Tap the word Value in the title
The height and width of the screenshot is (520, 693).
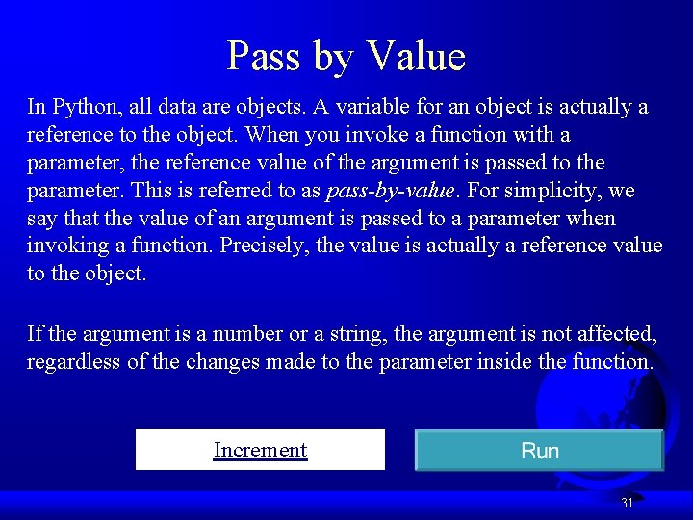coord(416,56)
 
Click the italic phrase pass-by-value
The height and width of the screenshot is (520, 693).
coord(390,191)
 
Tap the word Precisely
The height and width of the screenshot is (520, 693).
coord(264,246)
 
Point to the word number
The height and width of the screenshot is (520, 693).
coord(246,334)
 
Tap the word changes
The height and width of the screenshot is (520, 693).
coord(221,362)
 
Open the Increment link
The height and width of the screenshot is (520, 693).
coord(260,450)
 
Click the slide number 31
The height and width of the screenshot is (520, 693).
coord(628,503)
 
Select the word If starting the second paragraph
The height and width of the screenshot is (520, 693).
coord(35,334)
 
